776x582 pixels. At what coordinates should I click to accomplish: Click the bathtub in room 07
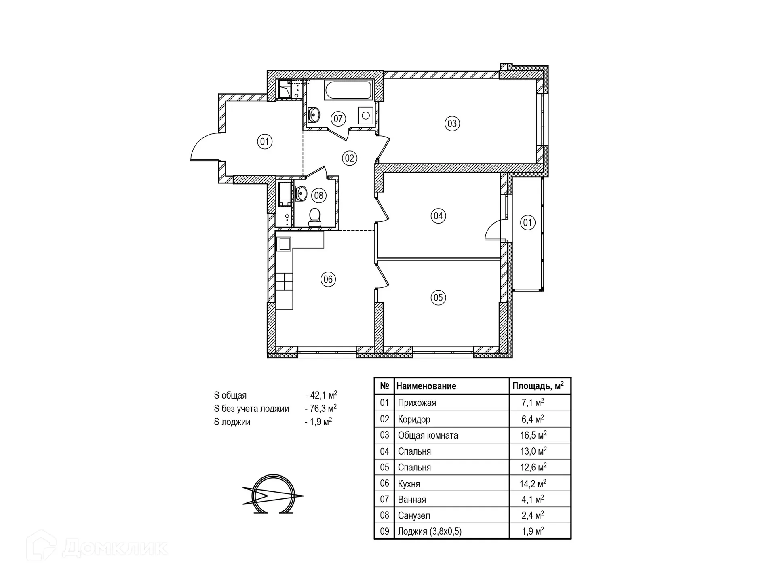(348, 90)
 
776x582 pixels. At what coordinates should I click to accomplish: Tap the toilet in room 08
(314, 217)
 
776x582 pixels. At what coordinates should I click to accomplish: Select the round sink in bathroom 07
(314, 115)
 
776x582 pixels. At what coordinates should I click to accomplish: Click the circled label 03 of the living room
(452, 123)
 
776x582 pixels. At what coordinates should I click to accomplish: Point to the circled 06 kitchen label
(328, 279)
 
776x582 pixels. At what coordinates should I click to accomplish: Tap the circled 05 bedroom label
(438, 298)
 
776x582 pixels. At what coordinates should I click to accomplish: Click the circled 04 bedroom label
(438, 216)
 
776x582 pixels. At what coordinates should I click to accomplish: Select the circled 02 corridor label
(350, 158)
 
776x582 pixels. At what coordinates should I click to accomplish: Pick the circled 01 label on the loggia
(527, 222)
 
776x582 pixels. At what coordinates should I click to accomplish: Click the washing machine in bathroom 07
(366, 116)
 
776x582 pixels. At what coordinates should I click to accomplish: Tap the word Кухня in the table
(409, 484)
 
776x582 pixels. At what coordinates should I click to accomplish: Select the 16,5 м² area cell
(533, 435)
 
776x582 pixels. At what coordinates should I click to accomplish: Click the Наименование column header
(426, 386)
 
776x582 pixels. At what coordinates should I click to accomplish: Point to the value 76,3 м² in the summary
(321, 408)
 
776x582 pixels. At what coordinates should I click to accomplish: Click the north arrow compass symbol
(273, 494)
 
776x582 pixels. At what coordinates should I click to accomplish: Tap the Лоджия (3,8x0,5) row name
(430, 531)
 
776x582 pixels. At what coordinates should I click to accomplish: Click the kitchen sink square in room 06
(284, 244)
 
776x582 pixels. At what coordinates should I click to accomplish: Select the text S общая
(230, 395)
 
